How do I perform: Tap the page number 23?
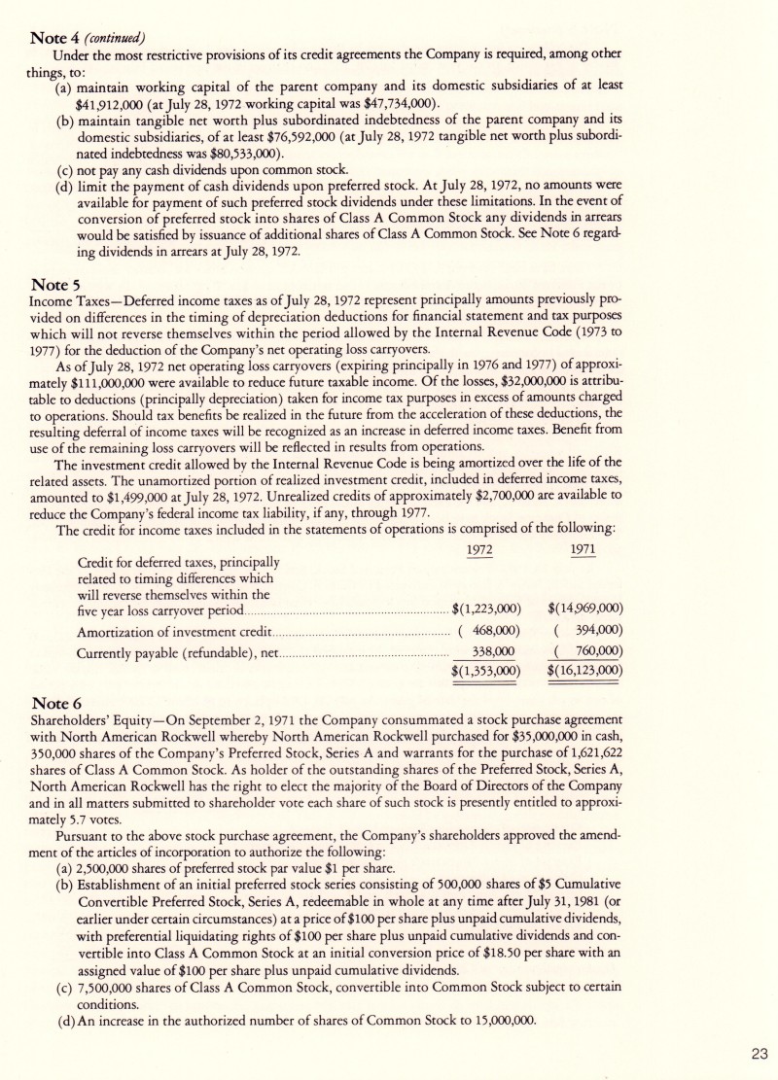coord(759,1051)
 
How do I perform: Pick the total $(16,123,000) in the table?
coord(585,671)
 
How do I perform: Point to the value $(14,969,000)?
coord(585,610)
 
